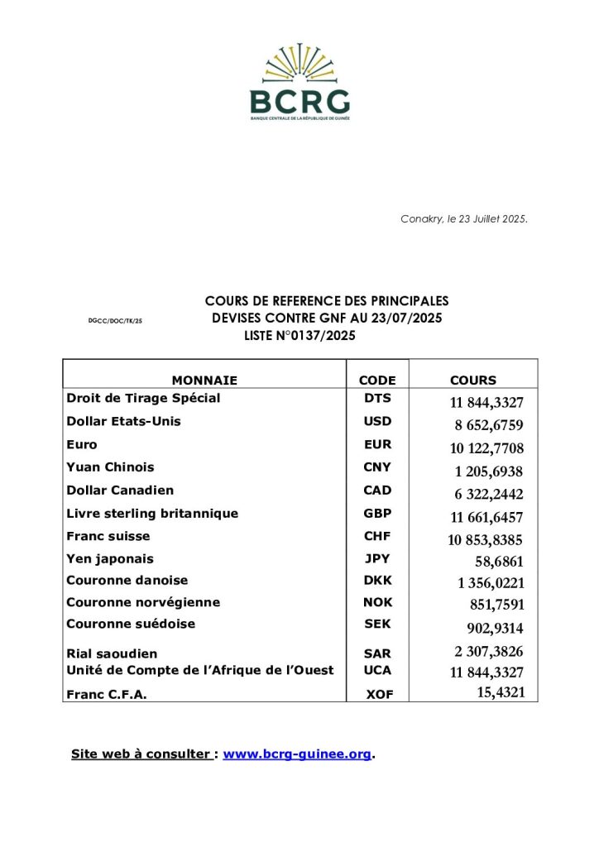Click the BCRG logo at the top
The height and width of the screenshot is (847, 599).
299,83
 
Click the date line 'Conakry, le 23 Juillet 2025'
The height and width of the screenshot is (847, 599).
464,219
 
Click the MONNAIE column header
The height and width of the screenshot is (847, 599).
204,380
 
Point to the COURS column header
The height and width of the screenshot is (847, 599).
473,380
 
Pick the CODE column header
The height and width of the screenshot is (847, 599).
377,380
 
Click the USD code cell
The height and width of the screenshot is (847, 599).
377,421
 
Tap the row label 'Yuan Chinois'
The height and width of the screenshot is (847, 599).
110,467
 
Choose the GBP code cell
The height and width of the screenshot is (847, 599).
377,514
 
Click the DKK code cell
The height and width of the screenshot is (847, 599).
377,581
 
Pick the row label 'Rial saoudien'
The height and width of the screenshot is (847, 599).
112,653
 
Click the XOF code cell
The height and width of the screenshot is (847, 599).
379,695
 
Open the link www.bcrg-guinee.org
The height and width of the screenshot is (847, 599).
297,754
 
